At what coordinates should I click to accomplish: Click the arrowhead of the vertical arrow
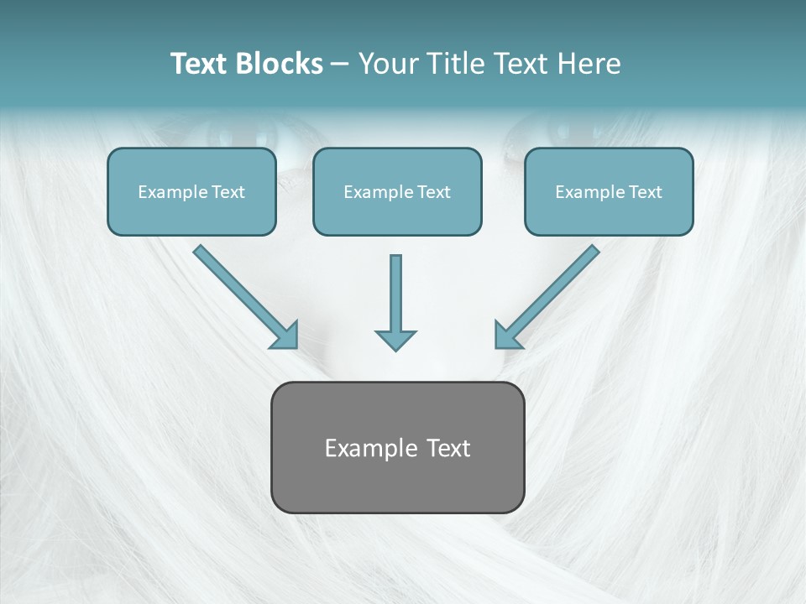pos(395,339)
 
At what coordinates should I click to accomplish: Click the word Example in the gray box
pos(370,449)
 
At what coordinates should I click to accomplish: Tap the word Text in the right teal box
pos(645,192)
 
